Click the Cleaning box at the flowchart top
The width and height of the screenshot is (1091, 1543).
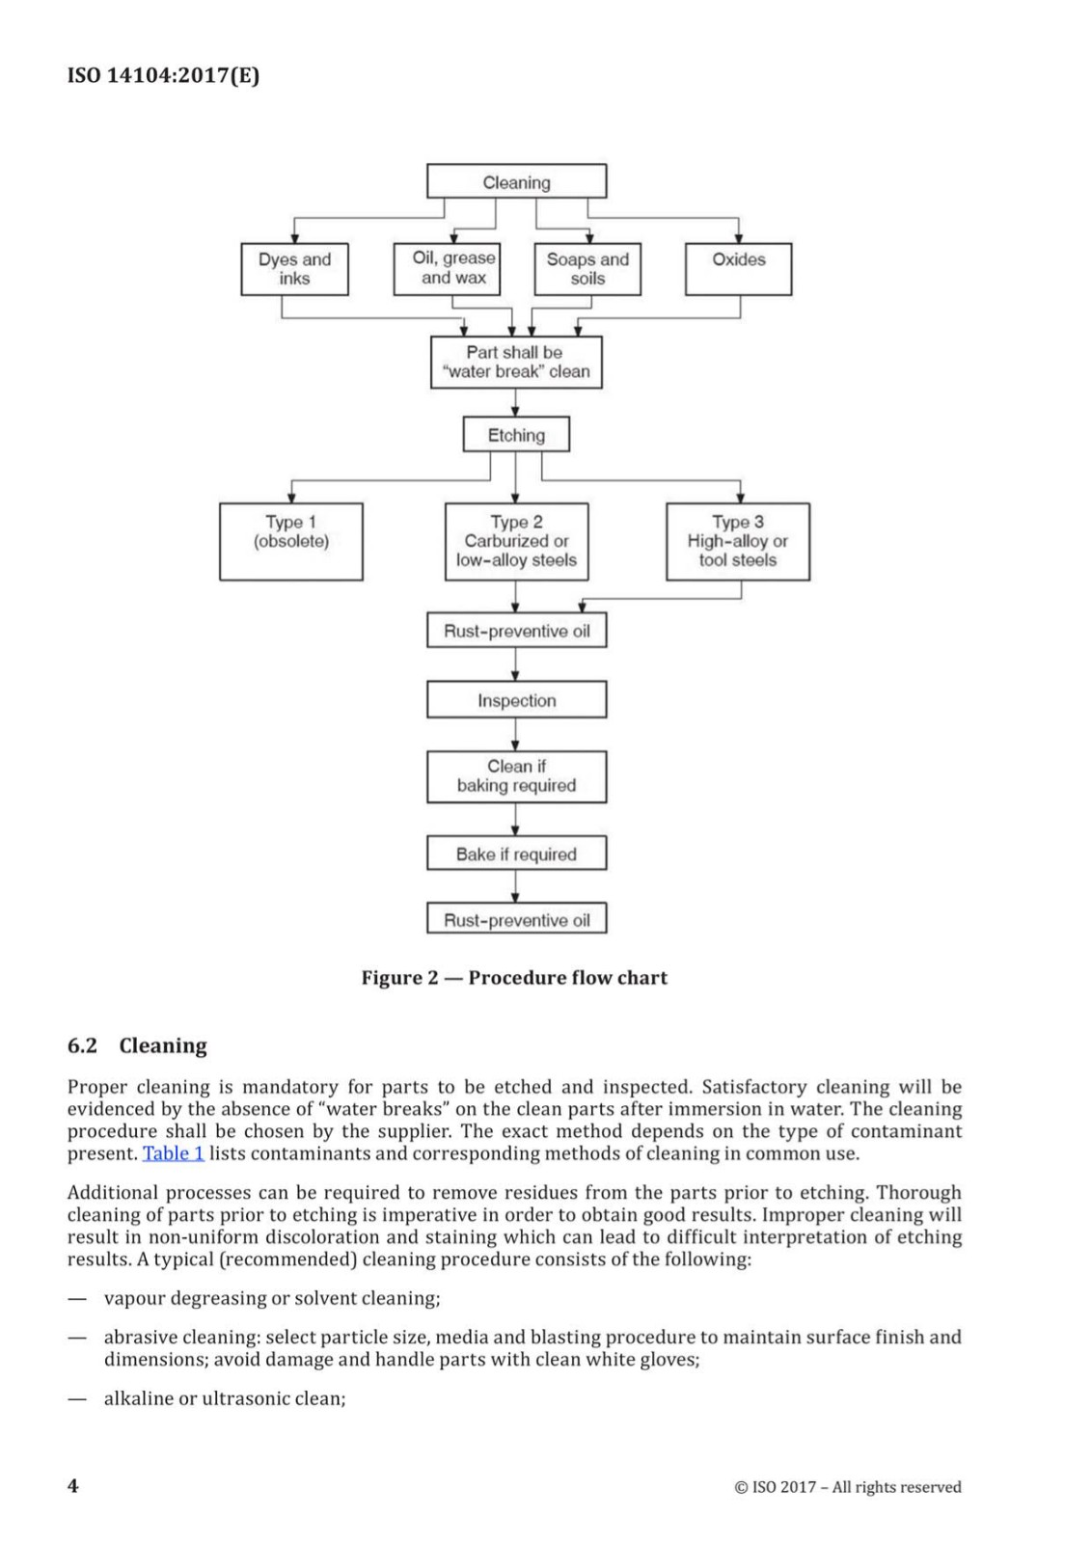click(516, 181)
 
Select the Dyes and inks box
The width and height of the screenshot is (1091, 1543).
click(294, 269)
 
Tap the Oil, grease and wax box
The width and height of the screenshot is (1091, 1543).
click(447, 269)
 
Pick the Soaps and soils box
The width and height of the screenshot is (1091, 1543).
click(586, 269)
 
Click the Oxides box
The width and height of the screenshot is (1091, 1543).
click(738, 269)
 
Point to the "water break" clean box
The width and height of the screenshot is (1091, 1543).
click(516, 363)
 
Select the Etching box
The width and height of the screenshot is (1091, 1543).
click(516, 435)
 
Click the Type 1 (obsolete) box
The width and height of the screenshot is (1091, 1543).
click(290, 541)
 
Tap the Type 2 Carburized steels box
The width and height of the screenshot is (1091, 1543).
click(516, 541)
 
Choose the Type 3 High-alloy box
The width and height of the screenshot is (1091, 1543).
click(737, 541)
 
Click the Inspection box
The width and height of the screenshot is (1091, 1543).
click(516, 700)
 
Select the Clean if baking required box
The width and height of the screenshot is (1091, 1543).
click(516, 776)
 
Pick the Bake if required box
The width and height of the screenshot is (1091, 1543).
click(516, 853)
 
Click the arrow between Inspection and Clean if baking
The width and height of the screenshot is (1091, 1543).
click(515, 735)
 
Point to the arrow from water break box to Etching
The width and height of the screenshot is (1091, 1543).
click(515, 403)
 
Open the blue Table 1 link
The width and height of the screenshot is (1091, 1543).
click(173, 1153)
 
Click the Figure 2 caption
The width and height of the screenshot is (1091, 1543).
click(514, 978)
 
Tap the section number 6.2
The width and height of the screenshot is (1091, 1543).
click(82, 1046)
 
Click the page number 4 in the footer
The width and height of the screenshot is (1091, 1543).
click(72, 1485)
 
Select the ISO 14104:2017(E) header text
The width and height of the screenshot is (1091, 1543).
click(163, 75)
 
